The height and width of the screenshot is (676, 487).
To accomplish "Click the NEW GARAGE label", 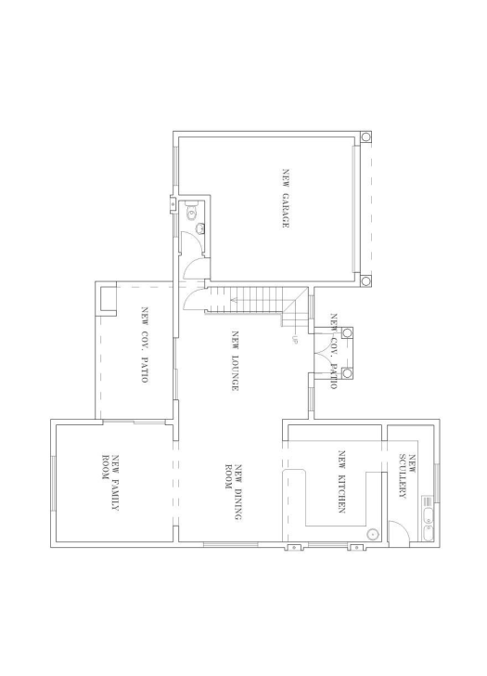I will [288, 199].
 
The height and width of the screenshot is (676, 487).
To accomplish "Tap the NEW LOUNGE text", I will [236, 361].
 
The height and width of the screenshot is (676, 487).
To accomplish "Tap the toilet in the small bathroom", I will [191, 213].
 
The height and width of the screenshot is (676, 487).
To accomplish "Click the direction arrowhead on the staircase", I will [232, 300].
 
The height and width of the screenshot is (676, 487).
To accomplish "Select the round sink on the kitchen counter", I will [374, 534].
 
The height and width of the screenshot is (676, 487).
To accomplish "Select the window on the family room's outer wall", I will [53, 482].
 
